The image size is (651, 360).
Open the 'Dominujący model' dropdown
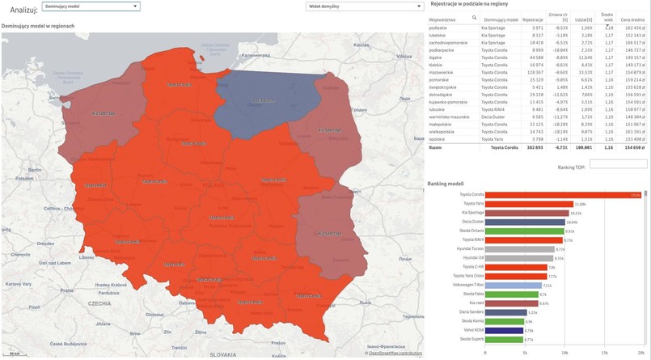pyautogui.click(x=91, y=6)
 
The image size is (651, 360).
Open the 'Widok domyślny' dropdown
pyautogui.click(x=334, y=6)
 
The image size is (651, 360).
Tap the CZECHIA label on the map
pyautogui.click(x=99, y=303)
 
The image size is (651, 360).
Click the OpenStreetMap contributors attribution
pyautogui.click(x=395, y=354)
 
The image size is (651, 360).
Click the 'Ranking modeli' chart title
pyautogui.click(x=446, y=184)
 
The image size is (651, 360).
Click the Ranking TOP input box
pyautogui.click(x=618, y=165)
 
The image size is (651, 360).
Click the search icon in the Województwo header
pyautogui.click(x=474, y=17)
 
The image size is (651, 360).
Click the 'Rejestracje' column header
pyautogui.click(x=532, y=19)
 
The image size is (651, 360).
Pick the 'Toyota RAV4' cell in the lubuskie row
pyautogui.click(x=494, y=109)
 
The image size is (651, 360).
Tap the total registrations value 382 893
pyautogui.click(x=533, y=148)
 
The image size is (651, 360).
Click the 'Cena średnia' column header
pyautogui.click(x=632, y=19)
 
